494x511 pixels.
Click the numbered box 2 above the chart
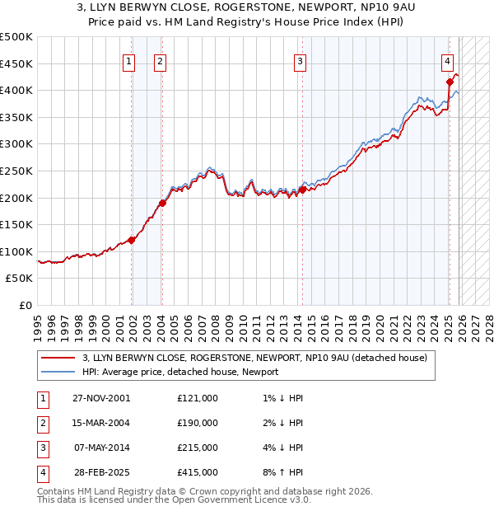(x=159, y=60)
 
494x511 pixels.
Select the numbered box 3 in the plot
(x=300, y=60)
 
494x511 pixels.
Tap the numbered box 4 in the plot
(x=447, y=60)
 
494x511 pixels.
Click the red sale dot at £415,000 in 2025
(x=450, y=82)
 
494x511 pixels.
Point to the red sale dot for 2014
(x=302, y=190)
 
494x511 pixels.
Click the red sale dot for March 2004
(x=163, y=203)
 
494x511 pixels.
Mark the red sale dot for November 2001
(x=132, y=240)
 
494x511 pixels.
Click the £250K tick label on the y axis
(x=17, y=171)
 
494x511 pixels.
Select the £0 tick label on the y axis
(x=26, y=305)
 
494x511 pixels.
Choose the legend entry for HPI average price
(x=180, y=372)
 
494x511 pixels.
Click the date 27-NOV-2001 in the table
(x=100, y=398)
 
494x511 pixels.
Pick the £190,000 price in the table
(x=198, y=423)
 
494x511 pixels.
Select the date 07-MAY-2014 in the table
(x=100, y=448)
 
